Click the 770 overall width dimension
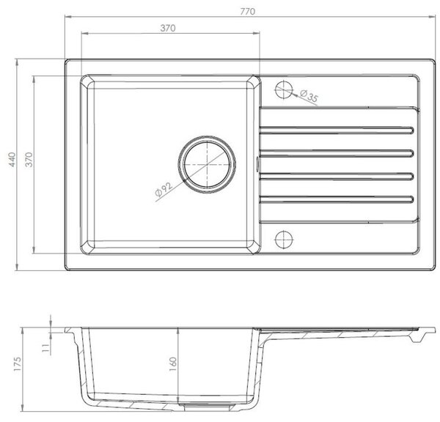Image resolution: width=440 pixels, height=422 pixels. tap(248, 12)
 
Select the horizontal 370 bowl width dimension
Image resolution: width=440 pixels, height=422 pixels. tap(168, 28)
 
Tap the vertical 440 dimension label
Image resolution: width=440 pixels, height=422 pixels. tap(12, 160)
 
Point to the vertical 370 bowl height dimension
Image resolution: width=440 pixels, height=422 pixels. tap(29, 160)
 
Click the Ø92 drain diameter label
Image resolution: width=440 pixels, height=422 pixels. tap(164, 190)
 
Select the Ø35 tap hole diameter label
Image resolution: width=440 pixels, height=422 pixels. tap(309, 96)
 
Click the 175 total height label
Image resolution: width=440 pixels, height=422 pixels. tap(17, 364)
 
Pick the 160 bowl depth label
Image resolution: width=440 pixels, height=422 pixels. tap(173, 365)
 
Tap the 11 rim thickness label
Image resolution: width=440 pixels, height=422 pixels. tap(45, 348)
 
